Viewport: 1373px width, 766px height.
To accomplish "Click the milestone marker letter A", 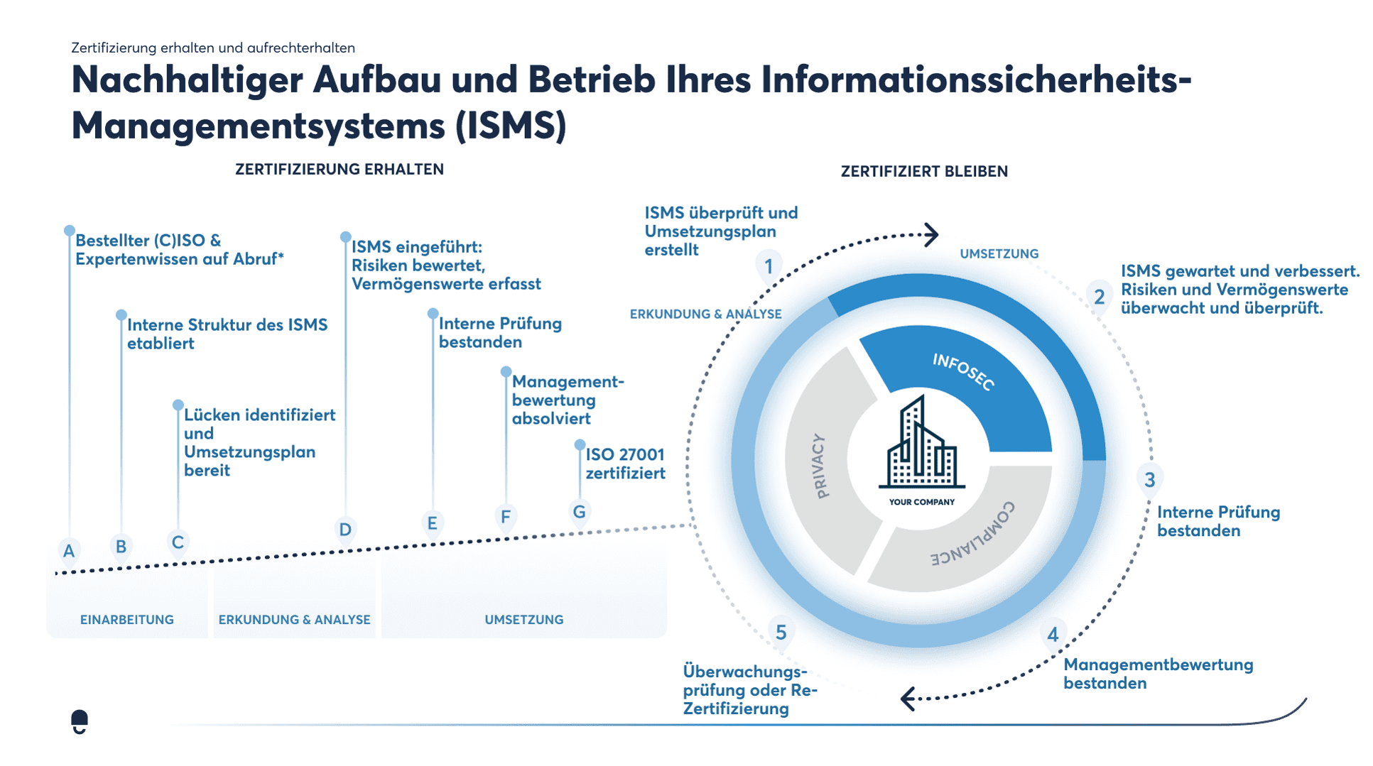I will click(69, 551).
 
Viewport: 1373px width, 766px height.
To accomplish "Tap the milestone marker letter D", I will click(345, 530).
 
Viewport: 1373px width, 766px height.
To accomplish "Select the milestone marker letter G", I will click(580, 512).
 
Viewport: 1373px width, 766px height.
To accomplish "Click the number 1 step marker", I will click(769, 267).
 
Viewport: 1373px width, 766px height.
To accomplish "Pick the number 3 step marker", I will click(1149, 480).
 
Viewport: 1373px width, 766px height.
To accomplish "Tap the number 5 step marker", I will click(781, 633).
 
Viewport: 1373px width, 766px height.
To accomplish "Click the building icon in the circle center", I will click(921, 444).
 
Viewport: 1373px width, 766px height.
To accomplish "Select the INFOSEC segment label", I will click(963, 371).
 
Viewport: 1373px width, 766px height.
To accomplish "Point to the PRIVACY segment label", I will click(819, 466).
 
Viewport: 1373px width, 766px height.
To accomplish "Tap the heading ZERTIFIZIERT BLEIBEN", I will click(924, 171).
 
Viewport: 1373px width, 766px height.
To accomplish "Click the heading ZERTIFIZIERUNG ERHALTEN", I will click(340, 169).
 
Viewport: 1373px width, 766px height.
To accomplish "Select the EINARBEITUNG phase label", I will click(127, 620).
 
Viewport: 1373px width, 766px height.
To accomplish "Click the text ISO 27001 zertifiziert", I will click(625, 464).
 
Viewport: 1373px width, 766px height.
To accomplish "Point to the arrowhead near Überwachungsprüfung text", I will click(908, 699).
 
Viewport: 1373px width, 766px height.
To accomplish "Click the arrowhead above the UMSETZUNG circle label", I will click(931, 234).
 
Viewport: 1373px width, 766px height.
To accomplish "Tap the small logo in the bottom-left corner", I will click(80, 721).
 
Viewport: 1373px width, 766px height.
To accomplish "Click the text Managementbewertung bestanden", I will click(1158, 674).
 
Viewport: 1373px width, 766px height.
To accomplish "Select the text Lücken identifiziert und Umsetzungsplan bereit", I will click(259, 442).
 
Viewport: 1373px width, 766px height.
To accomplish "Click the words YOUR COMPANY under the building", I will click(921, 502).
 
